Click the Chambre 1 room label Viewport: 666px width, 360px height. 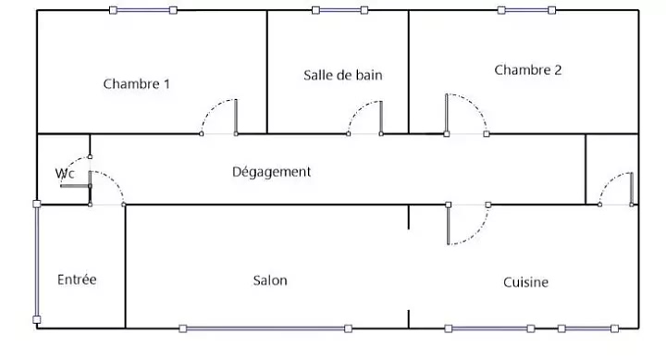tap(136, 83)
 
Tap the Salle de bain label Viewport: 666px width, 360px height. tap(343, 75)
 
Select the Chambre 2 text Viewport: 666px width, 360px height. tap(528, 69)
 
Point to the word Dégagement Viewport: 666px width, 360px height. tap(271, 172)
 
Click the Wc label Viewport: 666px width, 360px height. tap(65, 173)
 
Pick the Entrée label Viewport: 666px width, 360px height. tap(77, 279)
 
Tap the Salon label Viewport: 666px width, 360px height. tap(270, 280)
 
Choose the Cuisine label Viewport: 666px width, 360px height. tap(525, 282)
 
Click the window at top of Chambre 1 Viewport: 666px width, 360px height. tap(143, 10)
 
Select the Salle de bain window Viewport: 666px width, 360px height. tap(339, 10)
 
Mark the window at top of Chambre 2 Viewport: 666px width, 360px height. tap(526, 10)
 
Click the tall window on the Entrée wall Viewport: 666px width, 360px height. tap(37, 262)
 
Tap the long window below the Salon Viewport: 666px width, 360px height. tap(265, 329)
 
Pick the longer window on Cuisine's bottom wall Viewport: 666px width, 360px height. tap(489, 329)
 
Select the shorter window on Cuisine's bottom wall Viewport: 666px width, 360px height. tap(588, 329)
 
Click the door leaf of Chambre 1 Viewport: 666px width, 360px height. tap(236, 117)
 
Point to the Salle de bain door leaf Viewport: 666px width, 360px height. tap(381, 118)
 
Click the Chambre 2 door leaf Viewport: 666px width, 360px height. tap(447, 114)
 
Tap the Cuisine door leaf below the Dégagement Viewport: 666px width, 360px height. tap(448, 225)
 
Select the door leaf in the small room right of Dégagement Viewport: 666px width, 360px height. tap(632, 189)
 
